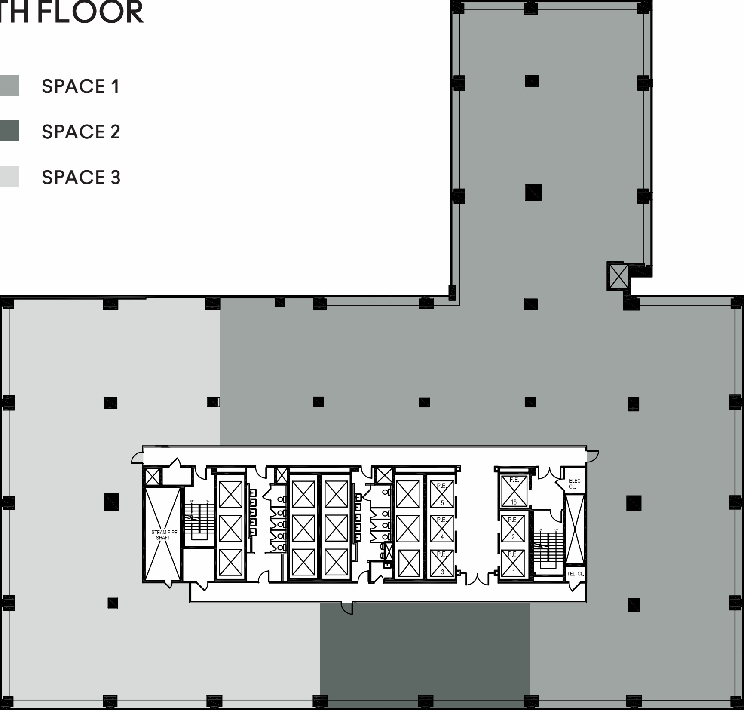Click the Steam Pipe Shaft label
[x=164, y=535]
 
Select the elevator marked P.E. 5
[x=442, y=494]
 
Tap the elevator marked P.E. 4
[x=442, y=528]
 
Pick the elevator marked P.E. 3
[x=442, y=563]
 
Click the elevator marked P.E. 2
[x=513, y=528]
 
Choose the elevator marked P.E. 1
[x=513, y=563]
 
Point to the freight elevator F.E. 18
[x=514, y=491]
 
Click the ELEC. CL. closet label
[x=575, y=484]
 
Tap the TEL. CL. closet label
[x=575, y=574]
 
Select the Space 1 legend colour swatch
[x=9, y=85]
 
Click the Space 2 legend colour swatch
[x=9, y=131]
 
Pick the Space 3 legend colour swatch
[x=9, y=177]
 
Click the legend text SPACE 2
[x=81, y=132]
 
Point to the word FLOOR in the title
[x=90, y=13]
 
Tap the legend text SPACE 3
[x=81, y=177]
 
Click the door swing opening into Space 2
[x=347, y=608]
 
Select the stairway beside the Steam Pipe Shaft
[x=199, y=520]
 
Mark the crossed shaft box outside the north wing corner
[x=618, y=276]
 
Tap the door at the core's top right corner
[x=592, y=456]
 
